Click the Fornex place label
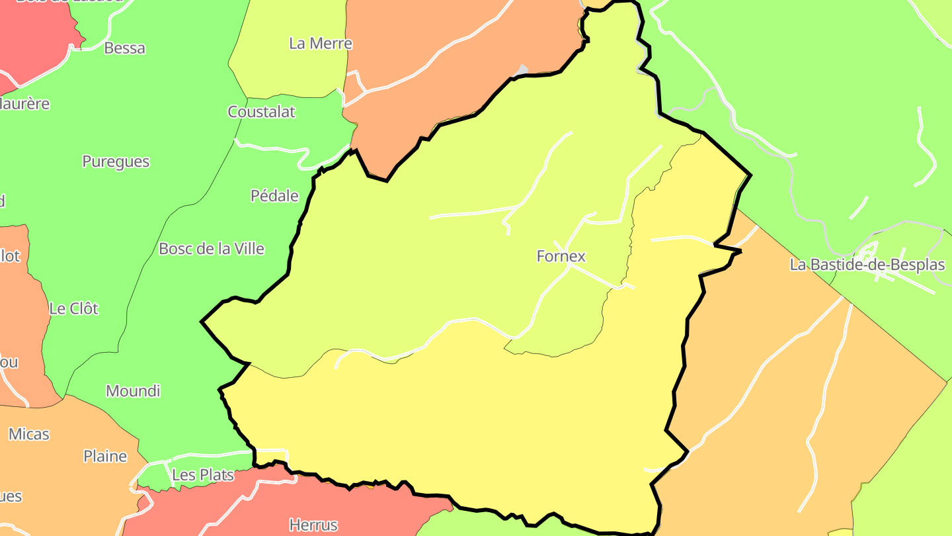(x=561, y=256)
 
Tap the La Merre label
(x=321, y=44)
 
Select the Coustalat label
(x=261, y=112)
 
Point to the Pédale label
(x=274, y=196)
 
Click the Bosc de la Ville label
(x=212, y=249)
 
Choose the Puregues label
(x=116, y=161)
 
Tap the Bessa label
(x=124, y=48)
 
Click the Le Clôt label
(x=73, y=308)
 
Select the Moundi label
(x=133, y=391)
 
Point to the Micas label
(x=29, y=434)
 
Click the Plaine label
(x=105, y=457)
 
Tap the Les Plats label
(x=203, y=475)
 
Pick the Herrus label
(x=313, y=525)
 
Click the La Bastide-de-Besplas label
(x=867, y=265)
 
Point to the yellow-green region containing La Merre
(x=291, y=73)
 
